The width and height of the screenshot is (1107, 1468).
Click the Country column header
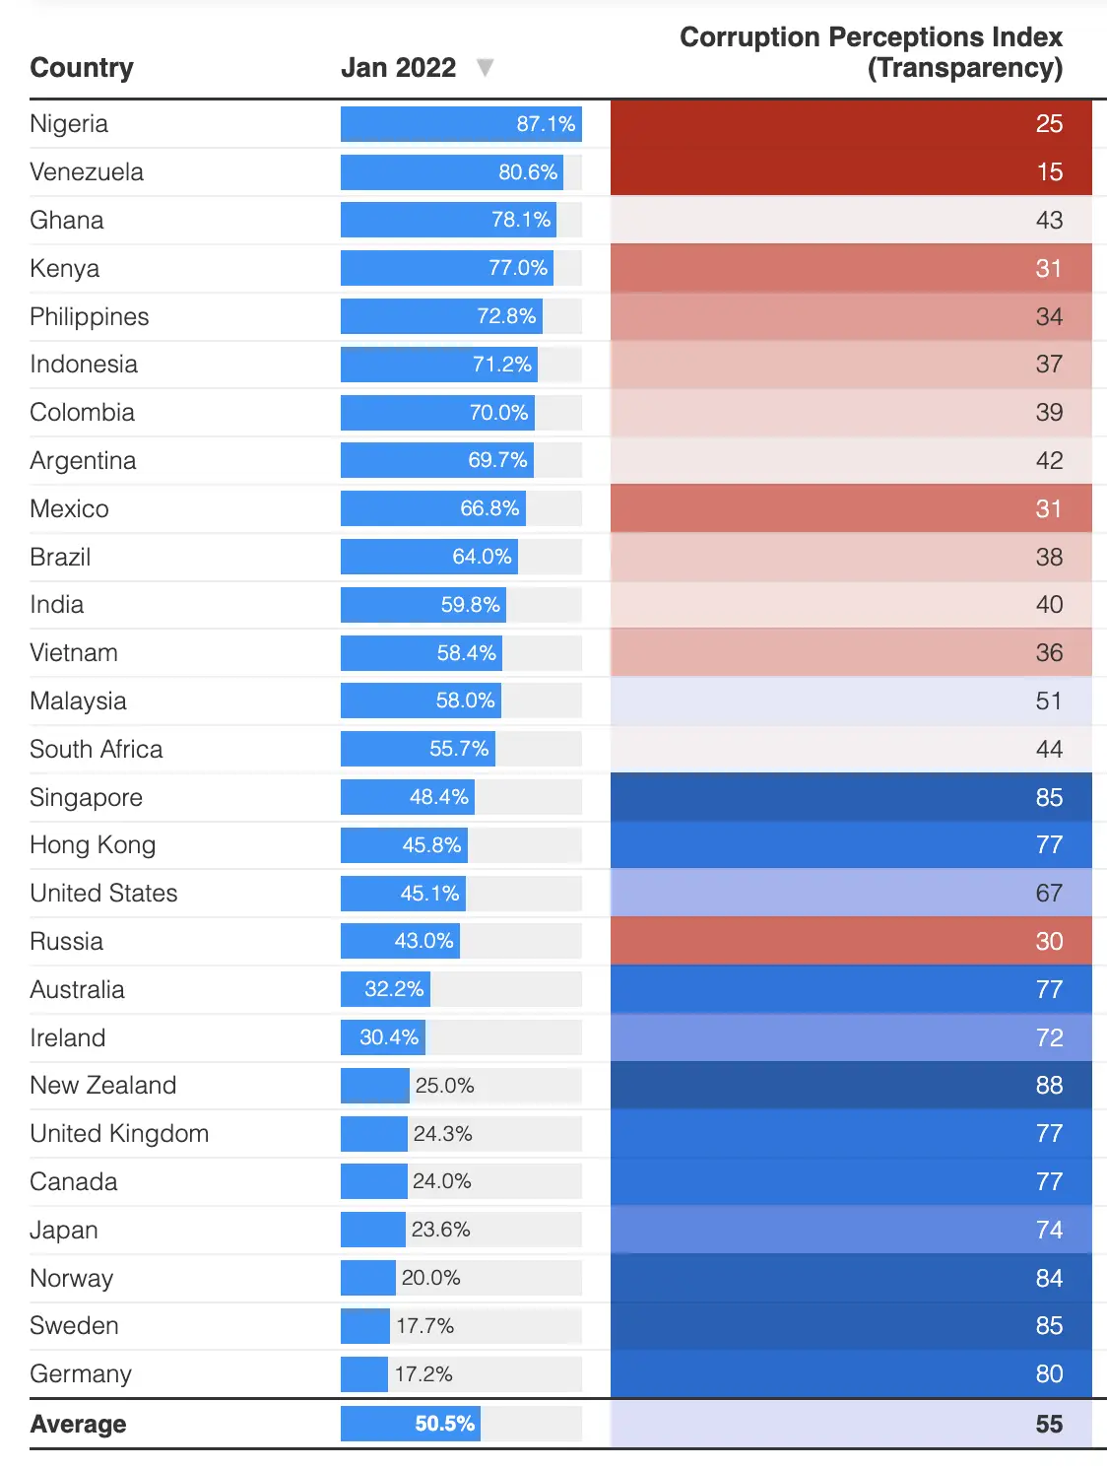pyautogui.click(x=82, y=68)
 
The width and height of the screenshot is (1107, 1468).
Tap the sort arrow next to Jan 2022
pyautogui.click(x=485, y=68)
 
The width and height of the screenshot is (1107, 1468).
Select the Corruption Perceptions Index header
pyautogui.click(x=871, y=52)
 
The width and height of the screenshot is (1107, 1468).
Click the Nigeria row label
pyautogui.click(x=69, y=124)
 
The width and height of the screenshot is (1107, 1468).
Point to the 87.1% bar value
pyautogui.click(x=546, y=124)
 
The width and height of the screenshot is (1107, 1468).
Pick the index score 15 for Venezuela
pyautogui.click(x=1049, y=172)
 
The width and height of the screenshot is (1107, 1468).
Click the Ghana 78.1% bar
pyautogui.click(x=448, y=220)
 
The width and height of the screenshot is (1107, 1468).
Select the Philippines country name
pyautogui.click(x=90, y=317)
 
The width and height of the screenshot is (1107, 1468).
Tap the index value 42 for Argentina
pyautogui.click(x=1049, y=461)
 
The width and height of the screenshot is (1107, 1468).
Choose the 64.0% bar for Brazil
pyautogui.click(x=429, y=557)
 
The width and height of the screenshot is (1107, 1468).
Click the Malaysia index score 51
pyautogui.click(x=1049, y=701)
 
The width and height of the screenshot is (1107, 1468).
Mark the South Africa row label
pyautogui.click(x=97, y=750)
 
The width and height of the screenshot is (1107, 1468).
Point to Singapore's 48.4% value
pyautogui.click(x=439, y=797)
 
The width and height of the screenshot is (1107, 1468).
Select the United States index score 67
pyautogui.click(x=1049, y=894)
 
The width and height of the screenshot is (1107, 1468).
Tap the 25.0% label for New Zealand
pyautogui.click(x=445, y=1086)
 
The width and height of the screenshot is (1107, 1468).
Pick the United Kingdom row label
pyautogui.click(x=119, y=1134)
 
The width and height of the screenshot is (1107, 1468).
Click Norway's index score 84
pyautogui.click(x=1049, y=1279)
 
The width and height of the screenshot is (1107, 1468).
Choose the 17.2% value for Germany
pyautogui.click(x=423, y=1374)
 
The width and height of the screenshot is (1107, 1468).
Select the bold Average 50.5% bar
pyautogui.click(x=411, y=1424)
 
